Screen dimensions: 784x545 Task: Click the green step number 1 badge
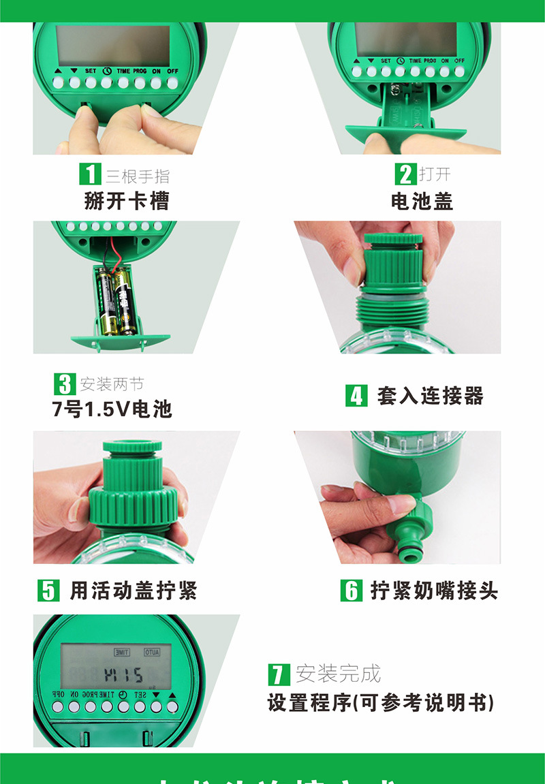tap(90, 174)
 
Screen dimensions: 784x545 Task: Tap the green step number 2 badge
tap(406, 174)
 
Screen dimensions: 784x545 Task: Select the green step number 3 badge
tap(65, 383)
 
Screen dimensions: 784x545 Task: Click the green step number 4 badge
tap(356, 395)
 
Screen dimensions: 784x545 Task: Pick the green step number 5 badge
tap(48, 590)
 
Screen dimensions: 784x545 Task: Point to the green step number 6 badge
tap(351, 590)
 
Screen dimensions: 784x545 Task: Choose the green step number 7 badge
tap(279, 674)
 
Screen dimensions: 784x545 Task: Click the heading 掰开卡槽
tap(127, 201)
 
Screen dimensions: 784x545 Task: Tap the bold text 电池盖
tap(422, 201)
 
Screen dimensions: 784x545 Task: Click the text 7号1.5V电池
tap(112, 409)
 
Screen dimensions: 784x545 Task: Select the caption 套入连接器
tap(430, 396)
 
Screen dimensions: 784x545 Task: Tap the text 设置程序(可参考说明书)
tap(380, 703)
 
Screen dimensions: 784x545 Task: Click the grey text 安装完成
tap(338, 674)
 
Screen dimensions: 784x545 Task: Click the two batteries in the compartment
tap(115, 300)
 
